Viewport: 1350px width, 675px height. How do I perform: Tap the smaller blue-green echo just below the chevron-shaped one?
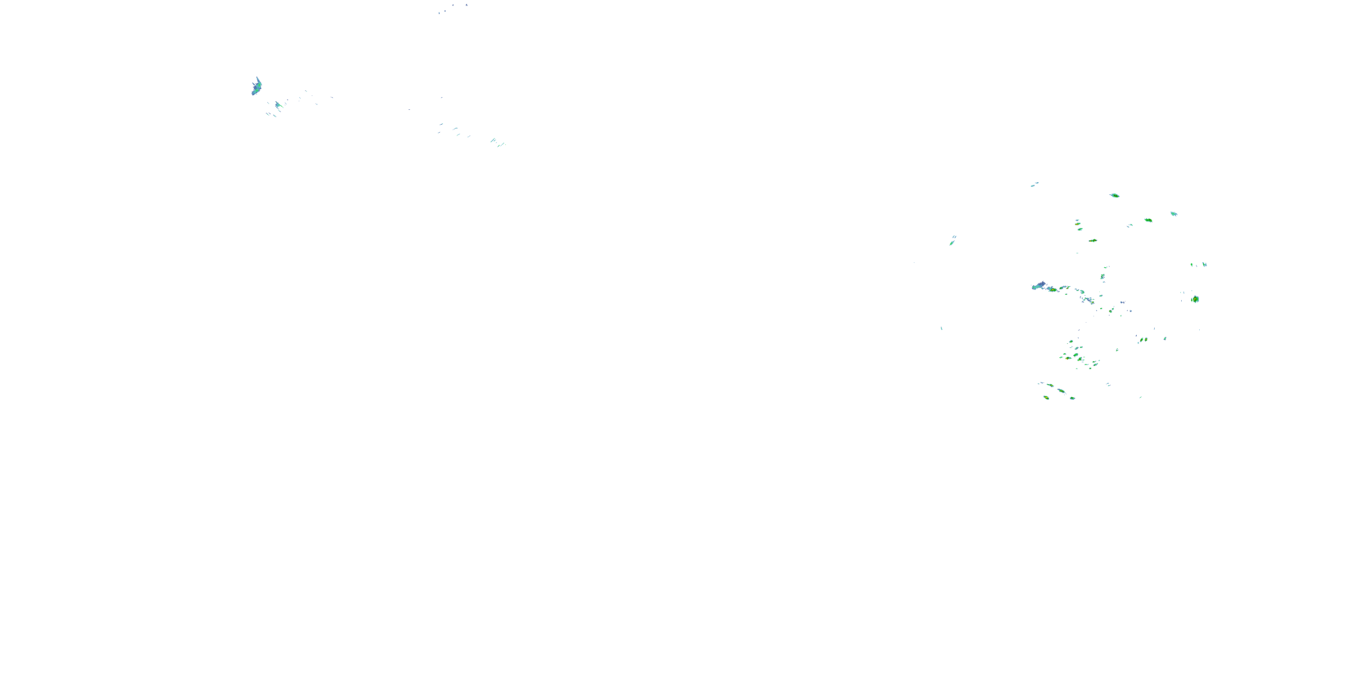[278, 105]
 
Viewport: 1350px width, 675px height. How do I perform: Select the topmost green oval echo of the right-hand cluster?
[1115, 195]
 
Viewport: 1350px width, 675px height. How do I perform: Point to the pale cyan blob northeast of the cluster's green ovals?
[1174, 214]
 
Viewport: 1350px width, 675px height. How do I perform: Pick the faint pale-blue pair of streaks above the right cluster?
[1035, 184]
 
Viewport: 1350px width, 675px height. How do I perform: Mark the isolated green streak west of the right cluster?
[952, 242]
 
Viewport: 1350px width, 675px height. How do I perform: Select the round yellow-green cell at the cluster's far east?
[1195, 299]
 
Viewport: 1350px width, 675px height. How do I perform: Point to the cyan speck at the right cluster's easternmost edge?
[1205, 264]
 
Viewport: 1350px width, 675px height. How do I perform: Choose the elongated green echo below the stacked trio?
[1093, 241]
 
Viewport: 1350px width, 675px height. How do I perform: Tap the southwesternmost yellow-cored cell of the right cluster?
[1047, 398]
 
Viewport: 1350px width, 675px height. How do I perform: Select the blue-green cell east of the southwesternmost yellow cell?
[1072, 398]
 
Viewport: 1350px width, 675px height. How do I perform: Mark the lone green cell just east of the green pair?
[1165, 338]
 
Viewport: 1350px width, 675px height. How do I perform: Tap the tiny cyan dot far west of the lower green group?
[942, 328]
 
